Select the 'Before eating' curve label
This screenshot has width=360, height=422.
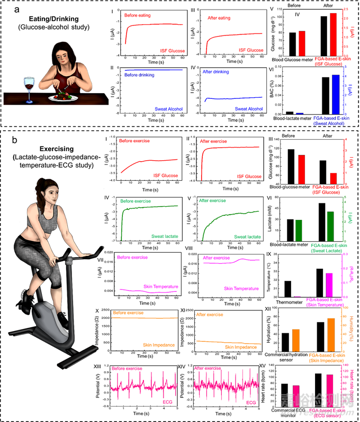[x=138, y=15]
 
